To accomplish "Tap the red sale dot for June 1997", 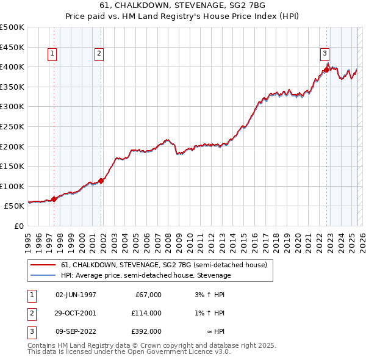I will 54,199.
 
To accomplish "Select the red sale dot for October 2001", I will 101,180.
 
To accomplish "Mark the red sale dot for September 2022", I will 326,70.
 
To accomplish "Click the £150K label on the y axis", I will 12,166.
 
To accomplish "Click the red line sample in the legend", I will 43,265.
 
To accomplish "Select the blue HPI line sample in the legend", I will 43,275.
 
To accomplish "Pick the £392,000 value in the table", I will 147,331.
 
